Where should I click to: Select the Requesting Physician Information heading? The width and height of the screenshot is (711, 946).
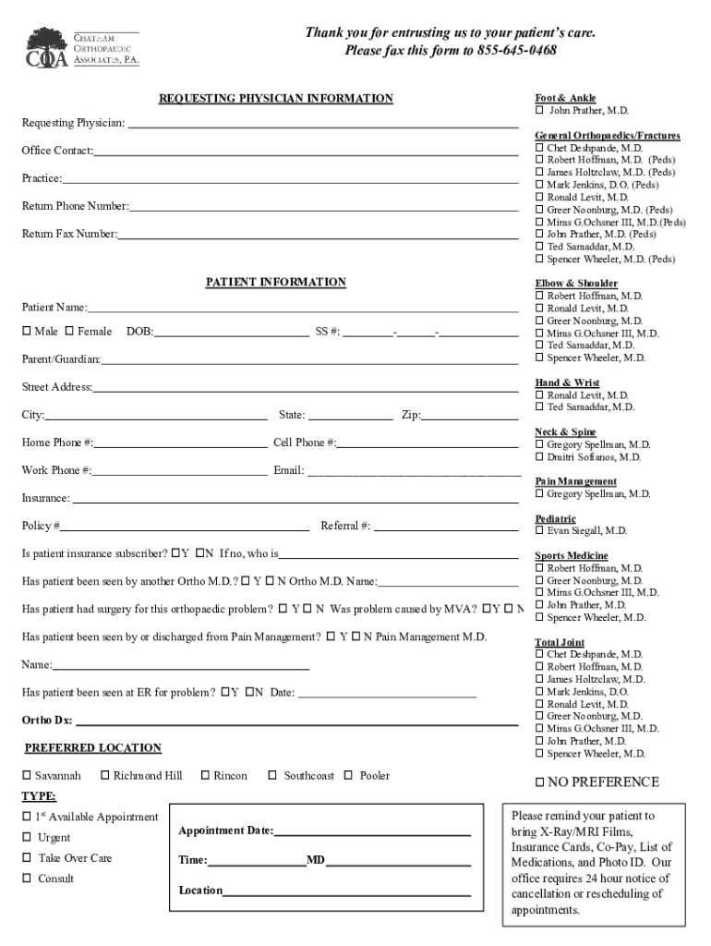[x=275, y=98]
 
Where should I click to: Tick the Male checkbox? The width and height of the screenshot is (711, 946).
[x=27, y=331]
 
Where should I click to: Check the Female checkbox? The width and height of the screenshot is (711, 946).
[x=70, y=331]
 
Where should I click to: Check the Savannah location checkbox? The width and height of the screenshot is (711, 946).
[x=27, y=775]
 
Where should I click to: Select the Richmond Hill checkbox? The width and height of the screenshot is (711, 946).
[x=105, y=775]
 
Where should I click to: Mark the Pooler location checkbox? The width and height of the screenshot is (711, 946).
[x=350, y=775]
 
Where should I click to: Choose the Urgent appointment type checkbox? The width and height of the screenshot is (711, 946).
[x=27, y=837]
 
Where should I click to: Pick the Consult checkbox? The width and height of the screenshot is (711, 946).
[x=27, y=879]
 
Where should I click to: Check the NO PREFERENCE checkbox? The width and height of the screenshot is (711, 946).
[x=540, y=782]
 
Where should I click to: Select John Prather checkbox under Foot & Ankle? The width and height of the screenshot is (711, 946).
[x=539, y=111]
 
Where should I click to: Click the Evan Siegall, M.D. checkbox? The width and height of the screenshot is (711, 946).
[x=539, y=531]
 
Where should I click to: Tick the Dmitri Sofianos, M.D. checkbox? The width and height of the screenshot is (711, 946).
[x=539, y=457]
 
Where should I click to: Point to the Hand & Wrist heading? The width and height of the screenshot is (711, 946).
[x=567, y=382]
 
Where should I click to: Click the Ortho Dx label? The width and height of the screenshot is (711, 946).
[x=46, y=720]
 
